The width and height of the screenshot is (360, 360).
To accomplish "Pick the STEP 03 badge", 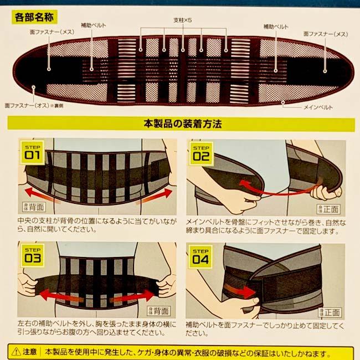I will coord(32,256).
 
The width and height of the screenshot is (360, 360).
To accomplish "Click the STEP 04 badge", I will coord(201,256).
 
